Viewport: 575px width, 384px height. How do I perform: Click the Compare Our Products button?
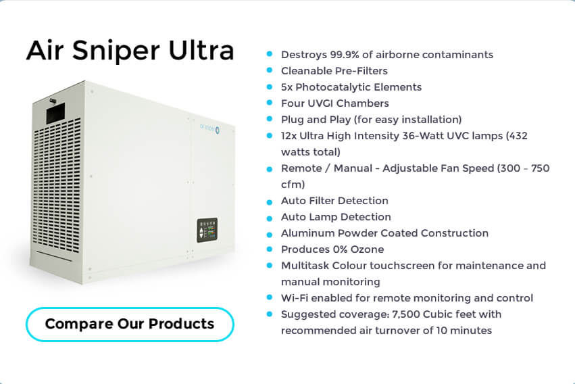[130, 325]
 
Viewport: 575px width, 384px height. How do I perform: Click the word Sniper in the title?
[116, 51]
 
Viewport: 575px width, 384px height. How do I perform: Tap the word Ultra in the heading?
[201, 50]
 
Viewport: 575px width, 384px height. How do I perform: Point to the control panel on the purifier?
[207, 231]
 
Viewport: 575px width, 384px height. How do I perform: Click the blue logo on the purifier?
[209, 128]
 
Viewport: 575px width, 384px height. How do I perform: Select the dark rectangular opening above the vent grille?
[55, 113]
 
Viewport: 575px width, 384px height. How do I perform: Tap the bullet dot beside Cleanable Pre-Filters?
[270, 70]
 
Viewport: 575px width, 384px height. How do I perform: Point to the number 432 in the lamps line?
[518, 136]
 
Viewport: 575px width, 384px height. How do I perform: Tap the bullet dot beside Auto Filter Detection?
[270, 202]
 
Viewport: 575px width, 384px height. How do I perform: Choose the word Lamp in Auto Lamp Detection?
[323, 217]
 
